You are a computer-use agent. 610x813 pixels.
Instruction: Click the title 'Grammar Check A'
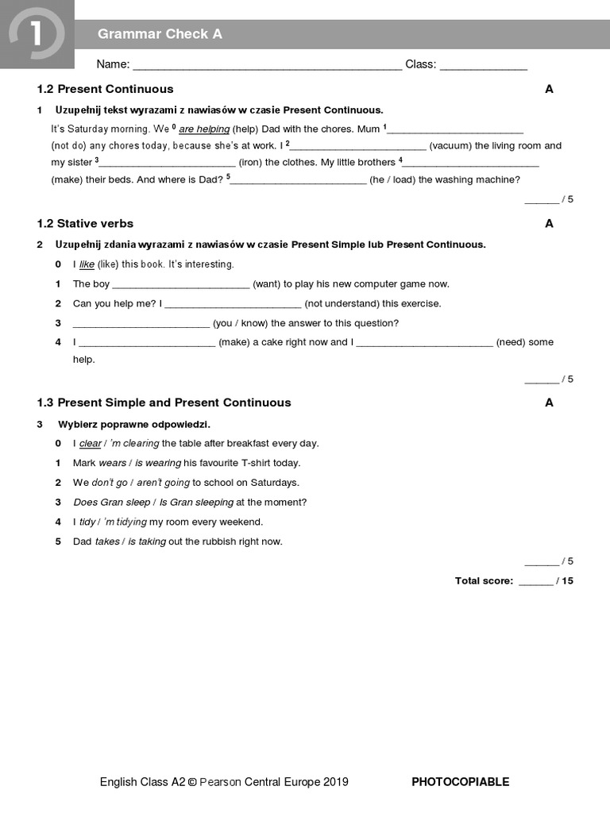(x=160, y=33)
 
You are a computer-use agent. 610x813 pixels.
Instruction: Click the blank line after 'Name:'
(x=267, y=65)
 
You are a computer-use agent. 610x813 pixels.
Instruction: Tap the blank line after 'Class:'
(x=483, y=65)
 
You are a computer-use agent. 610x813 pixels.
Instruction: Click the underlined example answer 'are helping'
(x=204, y=129)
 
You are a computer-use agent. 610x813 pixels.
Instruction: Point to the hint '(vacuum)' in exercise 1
(x=450, y=145)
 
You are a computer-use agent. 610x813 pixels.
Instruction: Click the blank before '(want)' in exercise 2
(x=181, y=283)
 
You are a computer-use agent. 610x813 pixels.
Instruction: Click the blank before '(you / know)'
(x=141, y=323)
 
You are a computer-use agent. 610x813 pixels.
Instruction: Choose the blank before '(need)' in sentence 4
(x=424, y=342)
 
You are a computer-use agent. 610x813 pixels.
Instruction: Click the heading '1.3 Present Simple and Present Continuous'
(x=164, y=403)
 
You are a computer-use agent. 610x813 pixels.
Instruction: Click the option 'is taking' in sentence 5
(x=147, y=541)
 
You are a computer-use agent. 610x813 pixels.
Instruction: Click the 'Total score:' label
(x=484, y=581)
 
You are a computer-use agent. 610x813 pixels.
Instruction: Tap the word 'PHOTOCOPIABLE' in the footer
(x=460, y=782)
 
